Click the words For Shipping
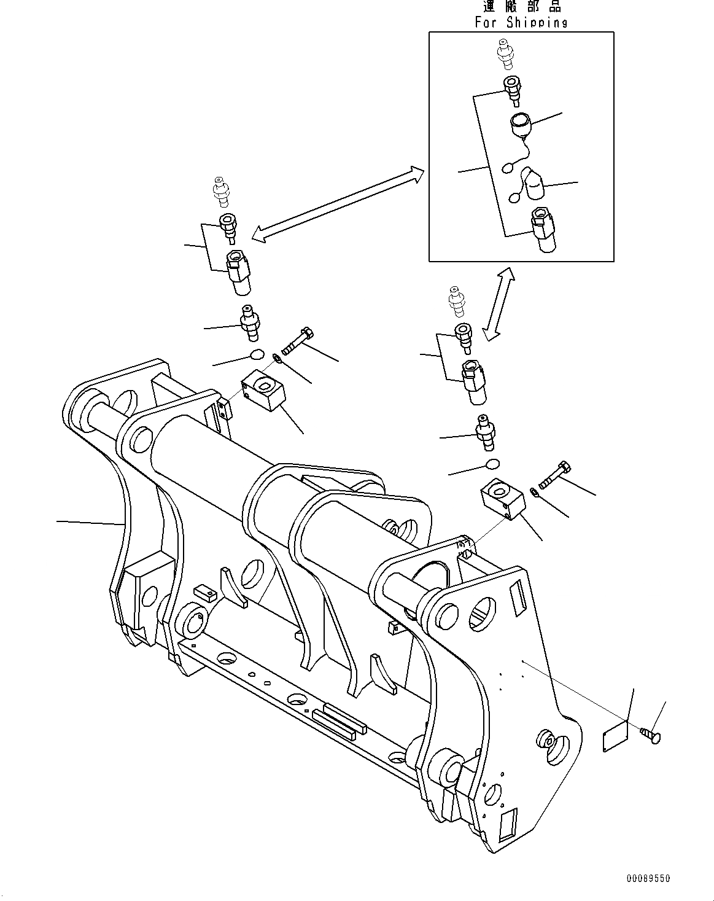[521, 23]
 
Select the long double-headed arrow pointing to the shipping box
[338, 204]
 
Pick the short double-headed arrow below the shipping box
[499, 303]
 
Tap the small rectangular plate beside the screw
[615, 733]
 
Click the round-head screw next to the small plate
[650, 733]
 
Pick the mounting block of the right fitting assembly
[500, 499]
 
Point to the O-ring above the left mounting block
[257, 354]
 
